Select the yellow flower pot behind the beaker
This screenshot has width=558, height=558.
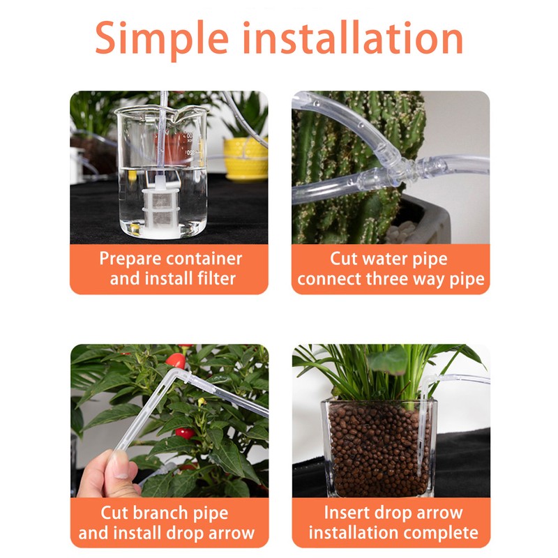246,158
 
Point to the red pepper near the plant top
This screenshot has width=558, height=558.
177,361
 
